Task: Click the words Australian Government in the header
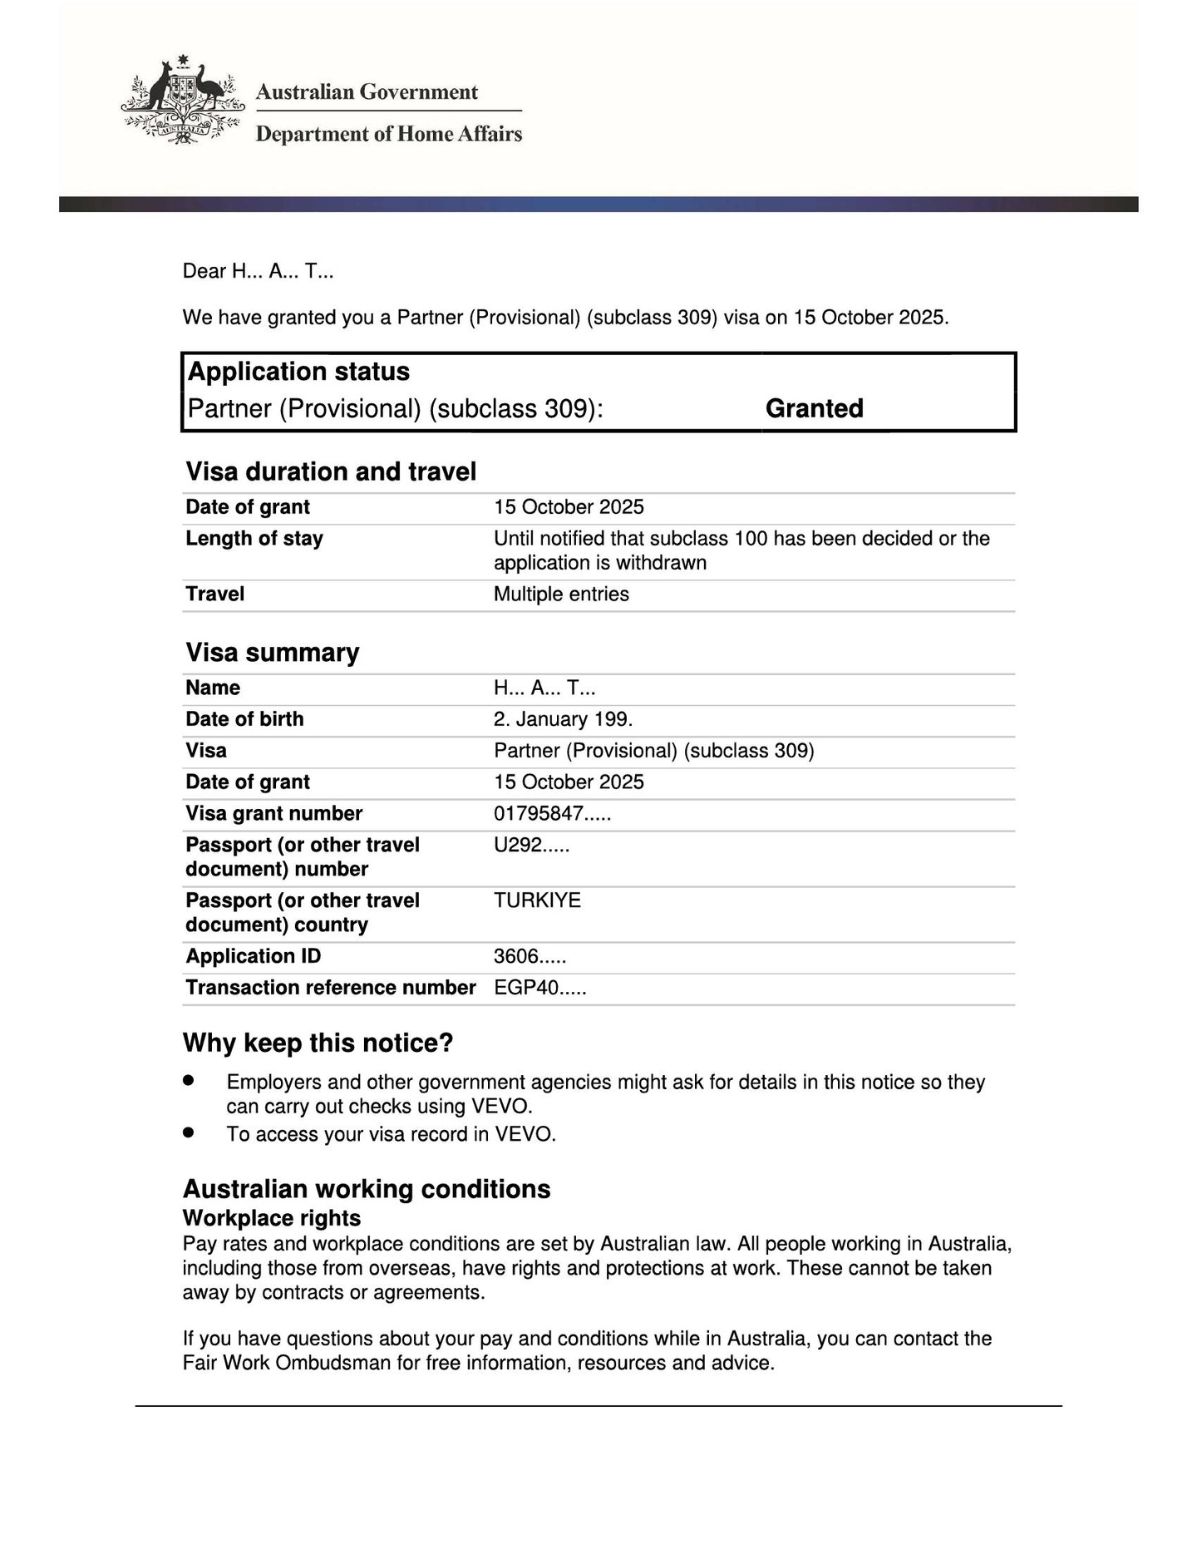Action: click(x=367, y=91)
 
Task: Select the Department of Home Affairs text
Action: click(x=388, y=134)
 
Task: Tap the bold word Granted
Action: click(x=814, y=408)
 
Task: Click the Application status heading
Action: click(x=298, y=372)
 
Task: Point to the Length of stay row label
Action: click(x=254, y=538)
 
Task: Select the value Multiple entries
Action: click(x=561, y=594)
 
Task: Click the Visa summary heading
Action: click(x=272, y=652)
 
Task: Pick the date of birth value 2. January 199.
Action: click(x=563, y=719)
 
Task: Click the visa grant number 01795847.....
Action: click(x=552, y=813)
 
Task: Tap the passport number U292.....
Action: click(x=531, y=845)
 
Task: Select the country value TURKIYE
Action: click(x=537, y=900)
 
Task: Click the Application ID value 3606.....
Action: click(x=530, y=956)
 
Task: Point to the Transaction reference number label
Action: click(x=330, y=987)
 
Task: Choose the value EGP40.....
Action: click(x=539, y=988)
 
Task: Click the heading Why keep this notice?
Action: click(x=318, y=1043)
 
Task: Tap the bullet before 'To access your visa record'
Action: click(x=189, y=1132)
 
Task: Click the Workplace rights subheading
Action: click(x=271, y=1218)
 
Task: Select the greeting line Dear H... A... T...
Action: click(x=258, y=271)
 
